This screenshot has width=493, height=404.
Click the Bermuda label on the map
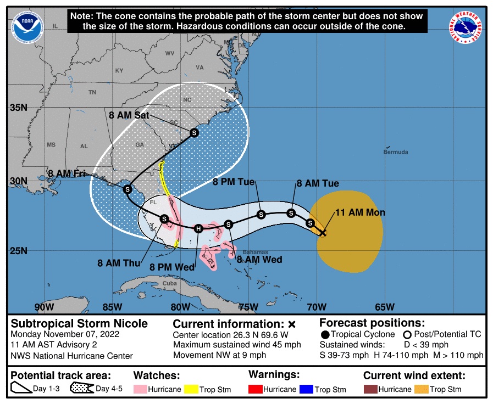tap(396, 151)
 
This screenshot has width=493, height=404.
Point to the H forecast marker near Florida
tap(198, 228)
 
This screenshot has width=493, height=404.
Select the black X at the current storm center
tap(323, 233)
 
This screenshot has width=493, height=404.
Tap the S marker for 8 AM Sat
tap(193, 133)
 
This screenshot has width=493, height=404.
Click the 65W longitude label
tap(385, 306)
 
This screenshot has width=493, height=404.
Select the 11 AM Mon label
tap(360, 212)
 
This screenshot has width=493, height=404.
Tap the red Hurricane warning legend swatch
tap(257, 389)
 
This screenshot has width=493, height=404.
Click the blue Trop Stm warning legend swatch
tap(306, 389)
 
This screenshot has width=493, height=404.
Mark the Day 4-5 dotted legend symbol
tap(80, 389)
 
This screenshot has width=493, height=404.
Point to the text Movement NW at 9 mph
tap(219, 355)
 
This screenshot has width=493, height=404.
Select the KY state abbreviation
tap(119, 71)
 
